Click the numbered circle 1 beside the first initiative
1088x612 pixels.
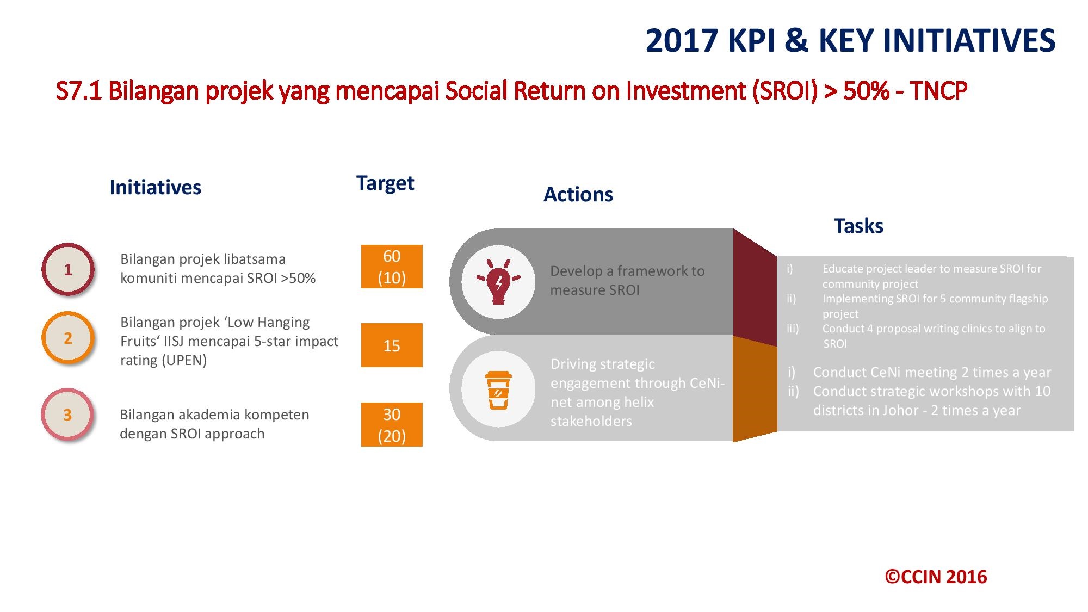pyautogui.click(x=68, y=269)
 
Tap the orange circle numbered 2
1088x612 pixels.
pyautogui.click(x=68, y=338)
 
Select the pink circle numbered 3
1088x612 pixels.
pyautogui.click(x=68, y=415)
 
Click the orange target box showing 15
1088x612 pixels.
pyautogui.click(x=392, y=345)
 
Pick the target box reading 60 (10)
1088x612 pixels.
pyautogui.click(x=392, y=267)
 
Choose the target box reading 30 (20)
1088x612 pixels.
pyautogui.click(x=392, y=425)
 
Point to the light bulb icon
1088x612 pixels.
pyautogui.click(x=498, y=282)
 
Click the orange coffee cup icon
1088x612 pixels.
pyautogui.click(x=498, y=390)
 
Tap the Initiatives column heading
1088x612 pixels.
pyautogui.click(x=155, y=187)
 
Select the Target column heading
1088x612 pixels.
pyautogui.click(x=385, y=183)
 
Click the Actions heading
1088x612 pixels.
pyautogui.click(x=578, y=194)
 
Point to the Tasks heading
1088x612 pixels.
pyautogui.click(x=858, y=226)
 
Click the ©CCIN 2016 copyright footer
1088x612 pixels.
pyautogui.click(x=935, y=577)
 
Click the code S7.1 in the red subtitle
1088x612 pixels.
pyautogui.click(x=79, y=91)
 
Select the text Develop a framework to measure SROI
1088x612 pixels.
pyautogui.click(x=627, y=280)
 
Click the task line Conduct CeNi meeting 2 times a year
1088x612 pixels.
pyautogui.click(x=931, y=372)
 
